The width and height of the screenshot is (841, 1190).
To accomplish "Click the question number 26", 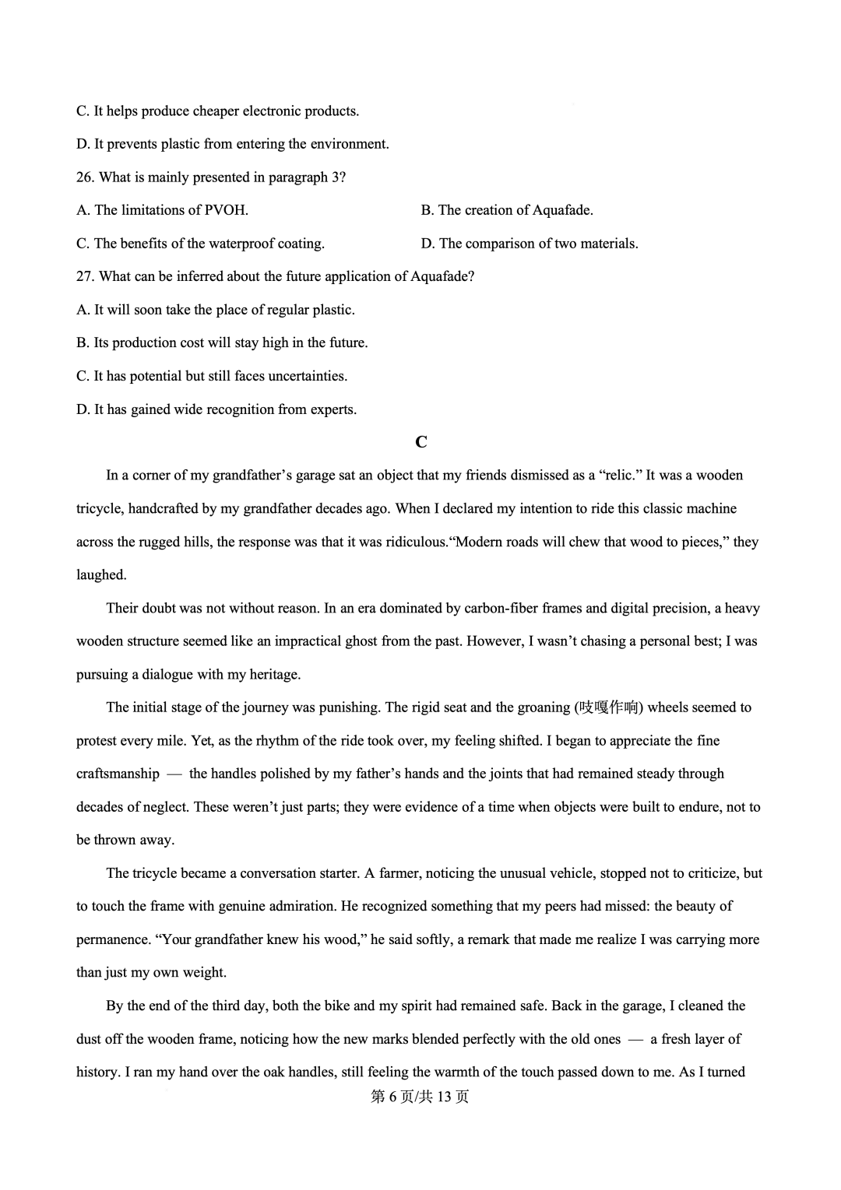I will click(x=85, y=177).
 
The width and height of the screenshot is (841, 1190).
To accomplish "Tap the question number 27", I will click(x=85, y=276).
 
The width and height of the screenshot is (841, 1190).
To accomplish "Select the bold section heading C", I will click(x=421, y=442).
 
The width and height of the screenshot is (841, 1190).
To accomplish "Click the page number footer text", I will click(x=420, y=1097).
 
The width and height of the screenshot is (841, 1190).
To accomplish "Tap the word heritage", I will click(x=274, y=674).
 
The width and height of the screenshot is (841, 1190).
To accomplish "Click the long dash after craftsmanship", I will click(x=174, y=774).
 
